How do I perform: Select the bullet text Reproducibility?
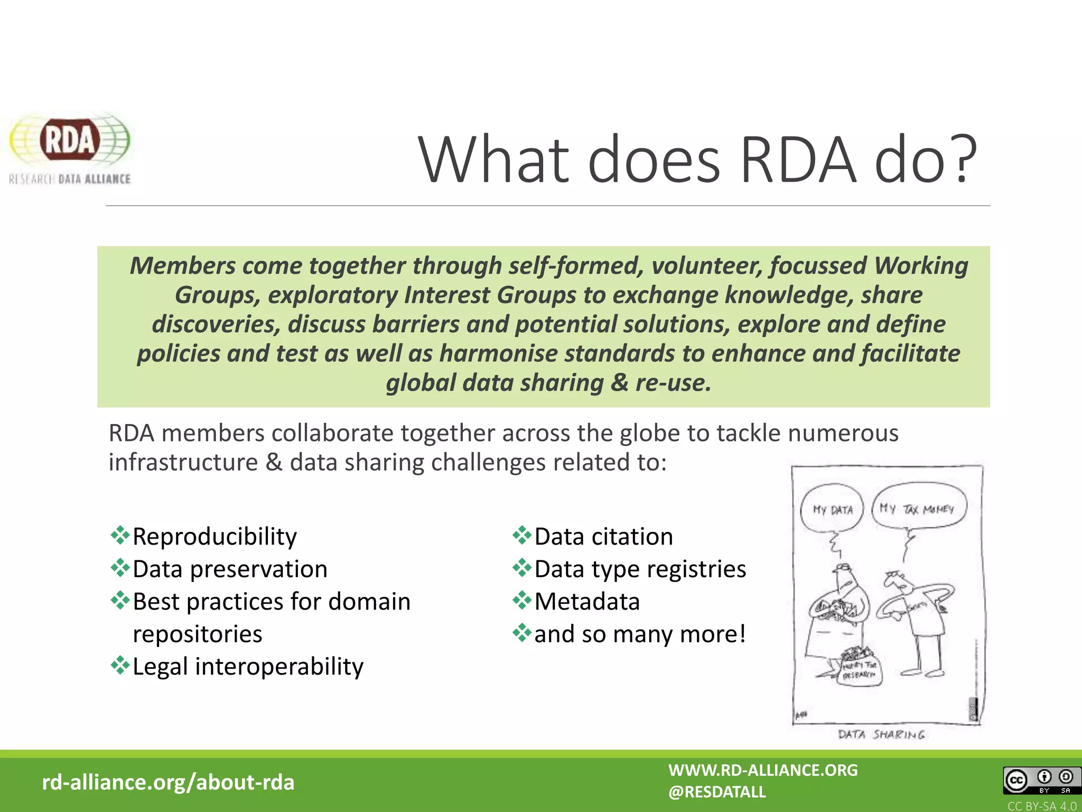pyautogui.click(x=214, y=537)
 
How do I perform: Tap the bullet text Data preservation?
pyautogui.click(x=230, y=569)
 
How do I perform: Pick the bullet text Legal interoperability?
pyautogui.click(x=248, y=667)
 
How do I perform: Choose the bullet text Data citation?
pyautogui.click(x=603, y=537)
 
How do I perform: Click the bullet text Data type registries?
pyautogui.click(x=640, y=569)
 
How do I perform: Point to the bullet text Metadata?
pyautogui.click(x=587, y=602)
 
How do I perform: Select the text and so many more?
pyautogui.click(x=640, y=634)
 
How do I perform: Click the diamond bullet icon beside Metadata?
pyautogui.click(x=522, y=600)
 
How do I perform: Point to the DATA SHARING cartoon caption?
pyautogui.click(x=881, y=734)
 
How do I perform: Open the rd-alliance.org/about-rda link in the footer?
pyautogui.click(x=168, y=782)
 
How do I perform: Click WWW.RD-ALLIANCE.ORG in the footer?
pyautogui.click(x=763, y=770)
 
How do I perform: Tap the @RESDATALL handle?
pyautogui.click(x=716, y=792)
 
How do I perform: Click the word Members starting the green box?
pyautogui.click(x=182, y=266)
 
